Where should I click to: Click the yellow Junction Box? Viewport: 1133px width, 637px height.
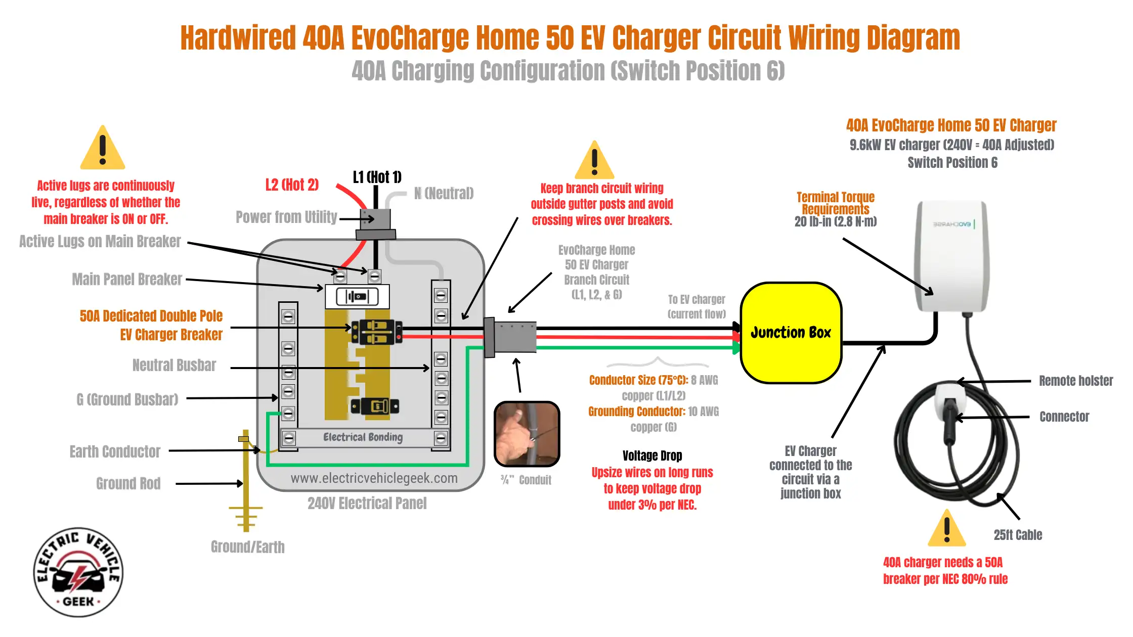coord(791,333)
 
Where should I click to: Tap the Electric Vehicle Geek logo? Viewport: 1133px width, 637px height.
coord(78,572)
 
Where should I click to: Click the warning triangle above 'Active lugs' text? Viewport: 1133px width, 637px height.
coord(103,148)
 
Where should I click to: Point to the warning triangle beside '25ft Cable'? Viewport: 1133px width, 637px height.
coord(947,528)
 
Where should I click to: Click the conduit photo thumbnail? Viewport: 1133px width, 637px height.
coord(527,434)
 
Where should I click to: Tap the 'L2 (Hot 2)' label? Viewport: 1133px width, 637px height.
coord(292,185)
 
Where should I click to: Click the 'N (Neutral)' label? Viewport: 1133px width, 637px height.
coord(444,193)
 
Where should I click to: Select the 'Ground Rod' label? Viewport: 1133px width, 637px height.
coord(128,484)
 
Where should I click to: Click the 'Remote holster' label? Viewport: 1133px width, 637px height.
coord(1076,381)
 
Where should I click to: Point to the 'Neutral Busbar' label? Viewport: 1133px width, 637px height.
coord(174,365)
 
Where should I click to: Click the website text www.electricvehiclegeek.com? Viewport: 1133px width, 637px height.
coord(374,478)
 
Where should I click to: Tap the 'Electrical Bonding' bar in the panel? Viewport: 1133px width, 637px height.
coord(364,437)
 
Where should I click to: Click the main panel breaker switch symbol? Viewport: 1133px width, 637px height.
coord(357,296)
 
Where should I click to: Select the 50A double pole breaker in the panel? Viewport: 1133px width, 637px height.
coord(376,332)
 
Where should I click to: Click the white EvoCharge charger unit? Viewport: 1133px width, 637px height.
coord(951,256)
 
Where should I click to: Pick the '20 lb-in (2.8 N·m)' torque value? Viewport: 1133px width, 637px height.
coord(836,221)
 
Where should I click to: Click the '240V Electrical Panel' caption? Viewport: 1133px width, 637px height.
coord(367,504)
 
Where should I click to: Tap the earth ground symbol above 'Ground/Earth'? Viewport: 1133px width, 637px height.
coord(246,519)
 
